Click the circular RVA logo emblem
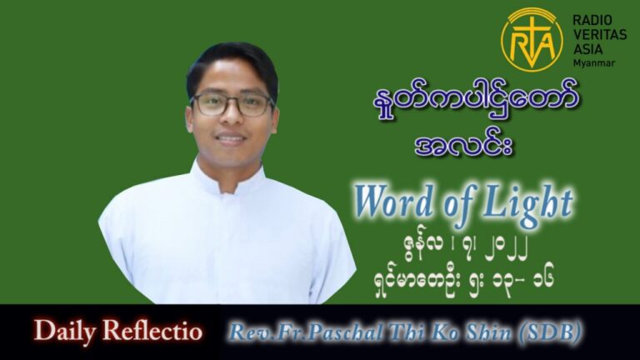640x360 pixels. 532,40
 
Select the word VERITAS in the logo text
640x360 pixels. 600,35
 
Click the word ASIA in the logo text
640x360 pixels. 587,49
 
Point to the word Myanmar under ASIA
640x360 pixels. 594,63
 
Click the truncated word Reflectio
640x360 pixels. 152,331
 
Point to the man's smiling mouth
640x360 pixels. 230,138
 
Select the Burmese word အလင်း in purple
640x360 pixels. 463,146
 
